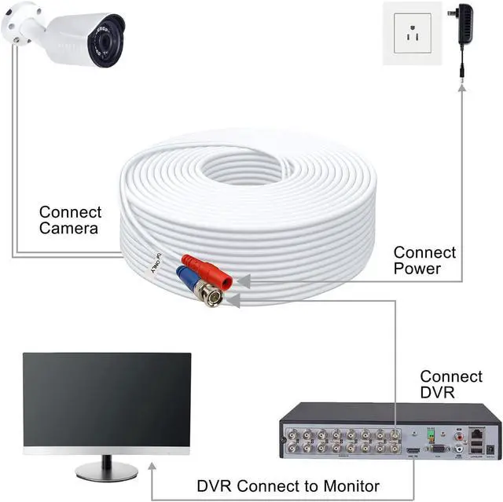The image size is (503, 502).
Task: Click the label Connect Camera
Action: click(70, 220)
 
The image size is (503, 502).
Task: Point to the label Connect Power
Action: click(424, 260)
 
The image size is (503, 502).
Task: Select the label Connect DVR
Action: click(451, 384)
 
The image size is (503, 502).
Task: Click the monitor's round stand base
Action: click(107, 471)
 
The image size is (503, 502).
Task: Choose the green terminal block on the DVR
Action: click(430, 433)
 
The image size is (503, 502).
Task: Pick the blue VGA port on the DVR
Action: click(437, 450)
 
